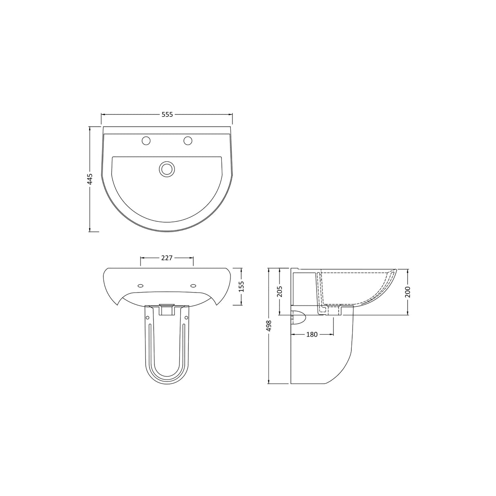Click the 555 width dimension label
click(167, 115)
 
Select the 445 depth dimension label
click(90, 179)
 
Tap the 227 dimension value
click(167, 258)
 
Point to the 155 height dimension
click(241, 286)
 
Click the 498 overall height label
click(268, 326)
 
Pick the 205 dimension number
click(279, 292)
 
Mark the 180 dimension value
click(312, 334)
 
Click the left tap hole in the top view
click(146, 141)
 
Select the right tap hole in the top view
click(188, 141)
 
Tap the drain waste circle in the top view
click(167, 169)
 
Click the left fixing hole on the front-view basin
click(141, 286)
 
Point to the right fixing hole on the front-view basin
click(193, 286)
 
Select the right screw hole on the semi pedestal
click(186, 317)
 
